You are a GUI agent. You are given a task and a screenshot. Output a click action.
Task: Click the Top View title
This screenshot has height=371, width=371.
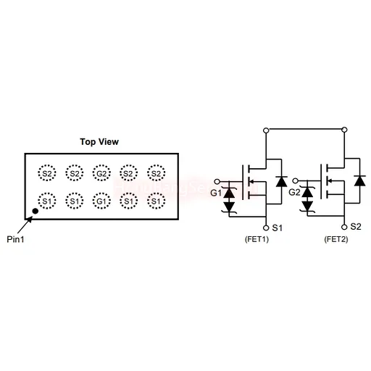[x=99, y=142]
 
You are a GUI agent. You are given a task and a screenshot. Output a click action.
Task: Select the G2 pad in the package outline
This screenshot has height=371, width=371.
[x=101, y=173]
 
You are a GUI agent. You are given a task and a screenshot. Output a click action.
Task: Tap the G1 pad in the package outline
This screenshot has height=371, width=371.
[x=101, y=201]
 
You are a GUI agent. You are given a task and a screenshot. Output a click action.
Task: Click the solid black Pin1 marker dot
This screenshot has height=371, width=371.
[x=36, y=211]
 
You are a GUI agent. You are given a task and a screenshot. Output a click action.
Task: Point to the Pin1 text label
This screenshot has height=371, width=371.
[x=15, y=239]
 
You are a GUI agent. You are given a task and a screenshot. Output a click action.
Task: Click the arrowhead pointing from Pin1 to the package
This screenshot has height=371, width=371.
[x=30, y=219]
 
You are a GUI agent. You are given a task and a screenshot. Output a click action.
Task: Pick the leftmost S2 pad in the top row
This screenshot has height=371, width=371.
[x=47, y=173]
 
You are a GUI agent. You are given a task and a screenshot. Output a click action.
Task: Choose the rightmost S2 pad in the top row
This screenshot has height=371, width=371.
[x=157, y=173]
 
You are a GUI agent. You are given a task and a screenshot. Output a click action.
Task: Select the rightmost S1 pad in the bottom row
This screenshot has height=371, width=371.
[x=157, y=201]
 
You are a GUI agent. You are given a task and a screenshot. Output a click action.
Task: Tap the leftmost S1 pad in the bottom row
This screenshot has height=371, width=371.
[x=47, y=201]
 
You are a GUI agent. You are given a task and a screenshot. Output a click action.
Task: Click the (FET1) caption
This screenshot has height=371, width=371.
[x=257, y=239]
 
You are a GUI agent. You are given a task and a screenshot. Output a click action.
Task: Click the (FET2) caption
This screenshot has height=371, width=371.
[x=336, y=239]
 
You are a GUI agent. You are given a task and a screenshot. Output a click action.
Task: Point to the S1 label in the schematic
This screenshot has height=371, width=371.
[x=278, y=228]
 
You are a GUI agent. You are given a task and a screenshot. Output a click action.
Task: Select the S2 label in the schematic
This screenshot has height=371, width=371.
[x=356, y=227]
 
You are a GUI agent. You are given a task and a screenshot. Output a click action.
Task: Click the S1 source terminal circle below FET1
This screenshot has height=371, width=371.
[x=266, y=228]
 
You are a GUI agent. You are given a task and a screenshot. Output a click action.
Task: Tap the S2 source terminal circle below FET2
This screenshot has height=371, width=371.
[x=344, y=227]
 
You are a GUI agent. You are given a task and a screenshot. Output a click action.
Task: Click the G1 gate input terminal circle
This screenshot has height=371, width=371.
[x=217, y=181]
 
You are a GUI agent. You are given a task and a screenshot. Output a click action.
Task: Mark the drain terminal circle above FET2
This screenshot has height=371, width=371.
[x=345, y=130]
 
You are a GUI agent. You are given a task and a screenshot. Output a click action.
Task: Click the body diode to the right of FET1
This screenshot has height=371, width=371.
[x=281, y=182]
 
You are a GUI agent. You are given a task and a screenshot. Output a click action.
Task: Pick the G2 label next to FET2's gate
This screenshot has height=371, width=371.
[x=294, y=193]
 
